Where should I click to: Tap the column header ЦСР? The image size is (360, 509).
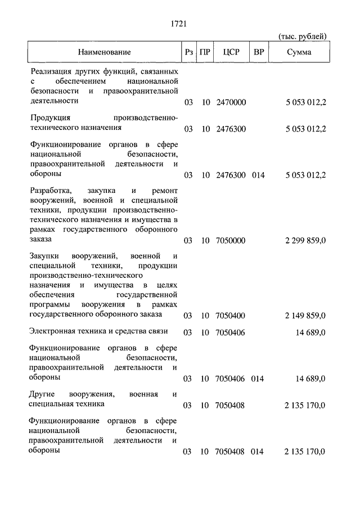tap(231, 52)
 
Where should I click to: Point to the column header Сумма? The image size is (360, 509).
tap(299, 52)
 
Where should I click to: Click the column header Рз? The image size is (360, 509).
tap(188, 52)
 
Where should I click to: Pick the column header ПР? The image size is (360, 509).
tap(205, 52)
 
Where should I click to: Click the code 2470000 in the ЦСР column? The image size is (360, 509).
tap(231, 103)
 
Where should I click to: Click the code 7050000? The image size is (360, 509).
tap(231, 241)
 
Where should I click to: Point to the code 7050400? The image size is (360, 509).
tap(231, 316)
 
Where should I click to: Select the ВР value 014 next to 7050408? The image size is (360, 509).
tap(258, 452)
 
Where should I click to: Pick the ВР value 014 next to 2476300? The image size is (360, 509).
tap(258, 175)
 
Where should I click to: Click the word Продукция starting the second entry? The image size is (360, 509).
tap(51, 118)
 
